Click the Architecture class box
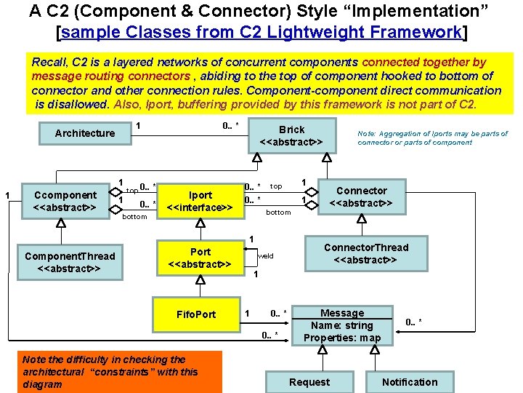[x=84, y=132]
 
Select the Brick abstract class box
[x=291, y=135]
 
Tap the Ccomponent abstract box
[x=65, y=202]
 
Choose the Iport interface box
[x=200, y=202]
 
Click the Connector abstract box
[x=361, y=197]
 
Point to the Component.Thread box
[x=69, y=262]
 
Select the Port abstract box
[x=200, y=258]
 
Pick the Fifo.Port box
[x=196, y=314]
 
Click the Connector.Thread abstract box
[x=365, y=254]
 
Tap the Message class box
[x=341, y=325]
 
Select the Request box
[x=309, y=382]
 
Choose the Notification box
[x=410, y=382]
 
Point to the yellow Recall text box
[x=266, y=83]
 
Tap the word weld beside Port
[x=266, y=256]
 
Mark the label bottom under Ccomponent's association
[x=134, y=217]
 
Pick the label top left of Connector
[x=276, y=186]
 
